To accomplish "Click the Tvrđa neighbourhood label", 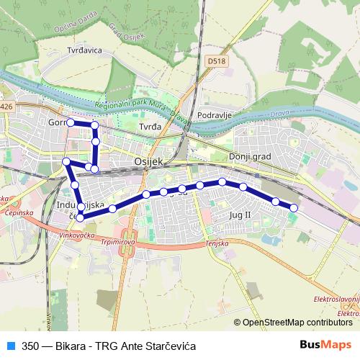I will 148,126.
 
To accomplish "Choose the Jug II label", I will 239,215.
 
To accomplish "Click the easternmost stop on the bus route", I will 294,208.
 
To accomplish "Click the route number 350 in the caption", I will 30,345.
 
